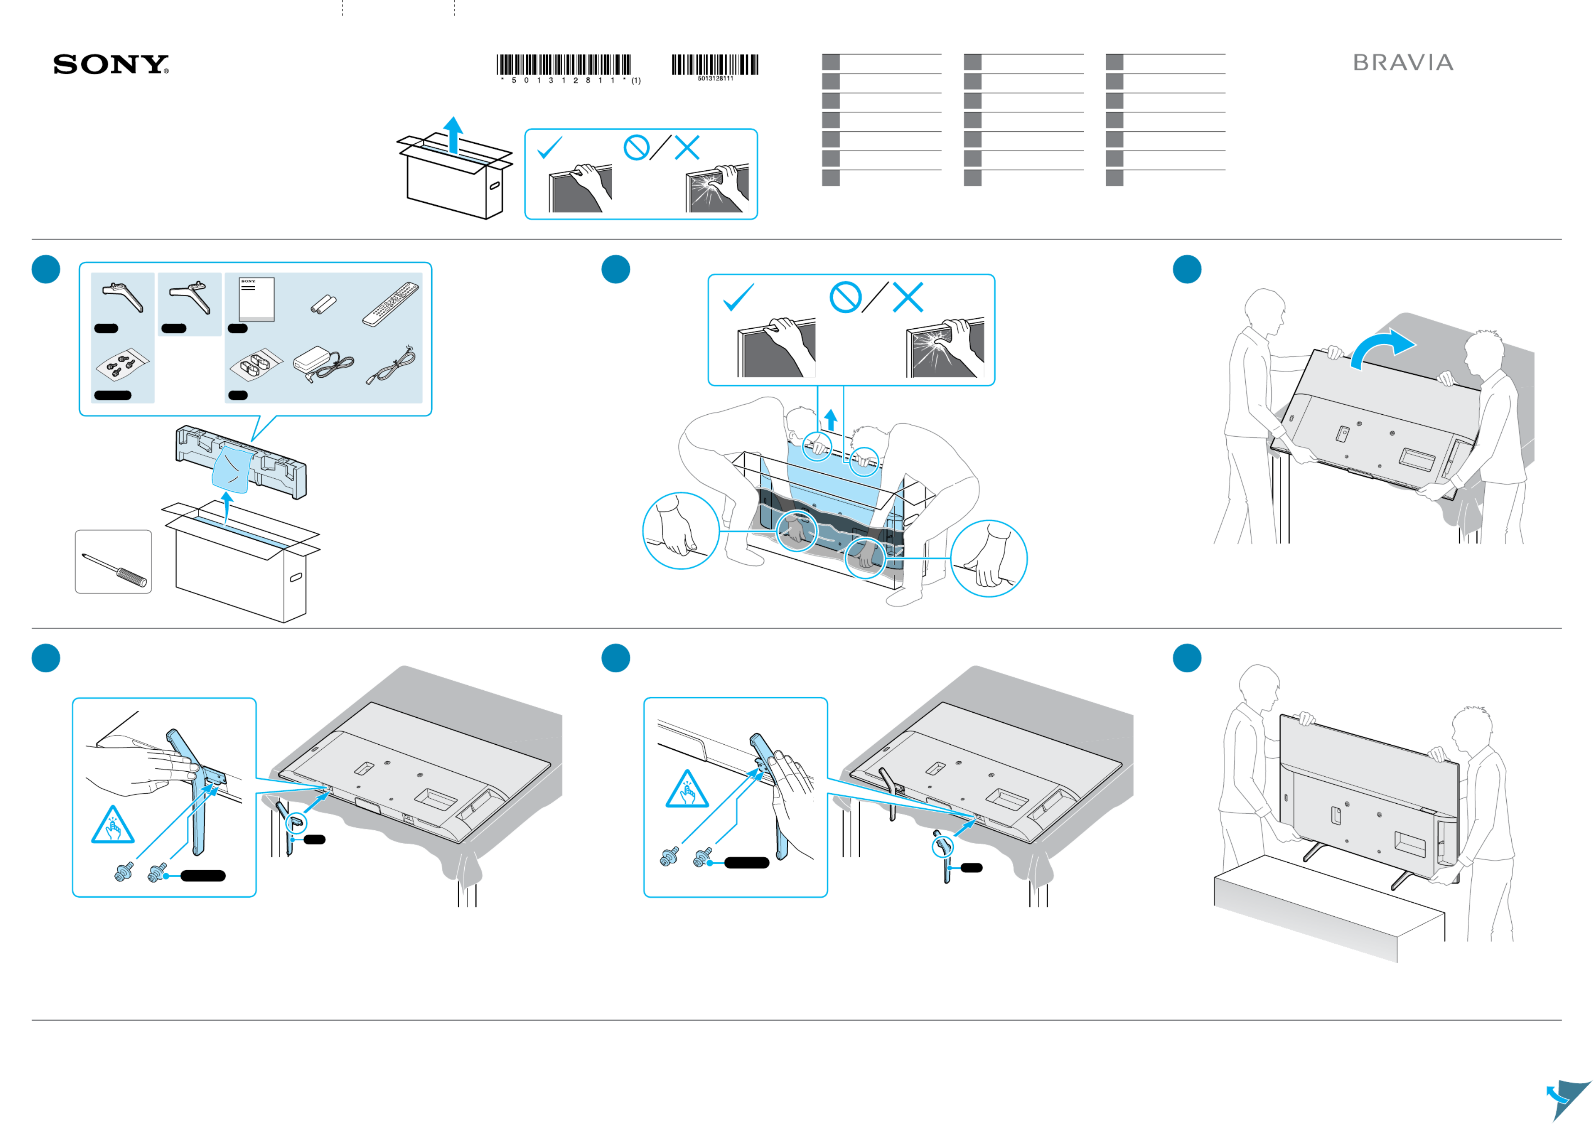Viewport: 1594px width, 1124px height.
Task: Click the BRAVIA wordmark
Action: (1403, 63)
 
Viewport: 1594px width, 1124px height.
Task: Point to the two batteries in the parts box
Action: (323, 305)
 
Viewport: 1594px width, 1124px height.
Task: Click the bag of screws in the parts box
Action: (121, 366)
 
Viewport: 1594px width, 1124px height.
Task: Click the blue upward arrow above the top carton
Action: (453, 134)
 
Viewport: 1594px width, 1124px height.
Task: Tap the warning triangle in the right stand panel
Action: (687, 789)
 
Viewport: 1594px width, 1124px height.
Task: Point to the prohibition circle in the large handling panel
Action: (845, 298)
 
